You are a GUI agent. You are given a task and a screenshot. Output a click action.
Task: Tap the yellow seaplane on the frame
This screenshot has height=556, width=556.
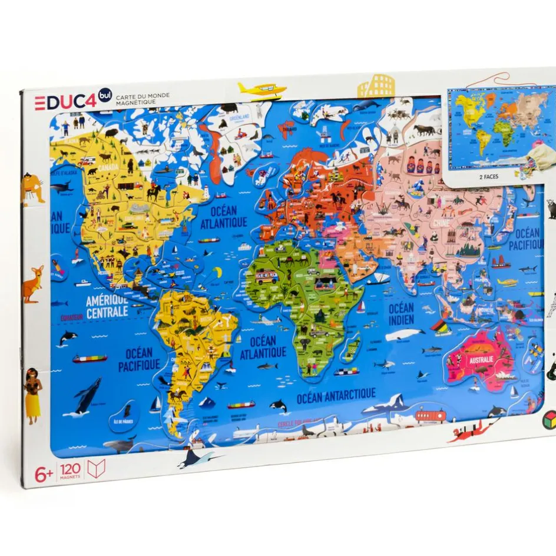(262, 90)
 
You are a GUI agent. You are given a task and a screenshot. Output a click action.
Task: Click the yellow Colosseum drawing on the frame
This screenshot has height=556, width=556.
(376, 85)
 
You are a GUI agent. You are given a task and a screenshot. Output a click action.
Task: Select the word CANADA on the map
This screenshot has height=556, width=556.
(108, 167)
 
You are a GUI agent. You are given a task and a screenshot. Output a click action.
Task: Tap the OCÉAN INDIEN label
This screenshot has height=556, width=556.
(401, 314)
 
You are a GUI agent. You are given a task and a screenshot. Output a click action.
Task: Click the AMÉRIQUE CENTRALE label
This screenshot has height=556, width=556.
(107, 307)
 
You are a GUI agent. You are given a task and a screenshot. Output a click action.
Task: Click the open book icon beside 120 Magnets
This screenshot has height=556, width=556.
(95, 469)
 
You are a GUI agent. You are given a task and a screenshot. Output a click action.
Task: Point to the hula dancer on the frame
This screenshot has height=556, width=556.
(33, 394)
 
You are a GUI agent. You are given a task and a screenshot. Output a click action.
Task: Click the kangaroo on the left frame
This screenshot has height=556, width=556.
(34, 283)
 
